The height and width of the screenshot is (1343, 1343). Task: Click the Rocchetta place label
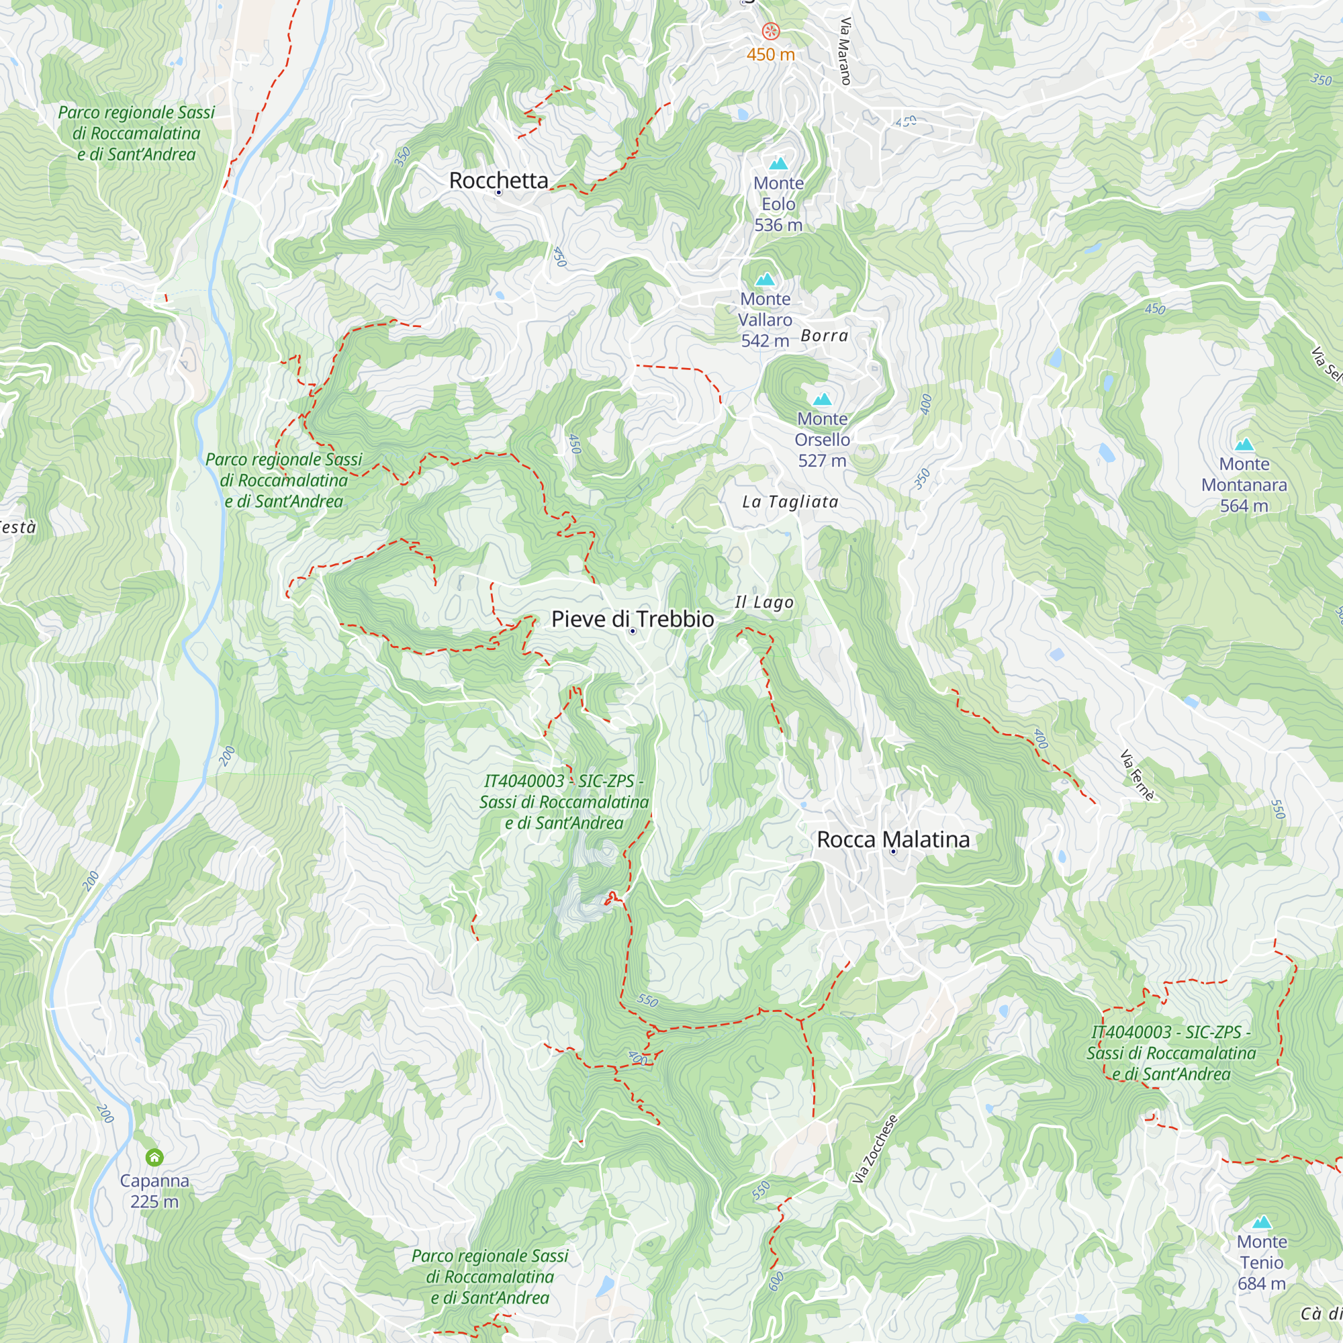[498, 180]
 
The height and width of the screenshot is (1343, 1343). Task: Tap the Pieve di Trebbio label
[632, 618]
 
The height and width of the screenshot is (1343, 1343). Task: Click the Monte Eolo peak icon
[778, 163]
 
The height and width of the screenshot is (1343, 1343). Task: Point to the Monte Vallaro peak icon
[765, 279]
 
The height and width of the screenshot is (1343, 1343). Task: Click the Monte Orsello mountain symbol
[822, 399]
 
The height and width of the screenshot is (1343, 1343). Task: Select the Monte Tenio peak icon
[1261, 1222]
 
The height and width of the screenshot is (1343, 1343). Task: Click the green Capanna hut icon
[154, 1157]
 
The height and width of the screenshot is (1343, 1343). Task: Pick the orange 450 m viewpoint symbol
[770, 32]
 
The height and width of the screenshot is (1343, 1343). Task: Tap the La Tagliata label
[790, 501]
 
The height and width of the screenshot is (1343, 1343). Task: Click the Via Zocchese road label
[874, 1148]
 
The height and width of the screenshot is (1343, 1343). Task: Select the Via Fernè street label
[1137, 775]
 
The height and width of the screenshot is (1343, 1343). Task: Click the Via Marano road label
[845, 51]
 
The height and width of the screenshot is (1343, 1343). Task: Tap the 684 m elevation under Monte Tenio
[1261, 1283]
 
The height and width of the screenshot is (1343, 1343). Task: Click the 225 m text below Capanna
[154, 1201]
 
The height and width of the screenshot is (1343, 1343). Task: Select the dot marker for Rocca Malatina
[893, 851]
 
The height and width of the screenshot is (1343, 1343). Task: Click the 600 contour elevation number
[776, 1281]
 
